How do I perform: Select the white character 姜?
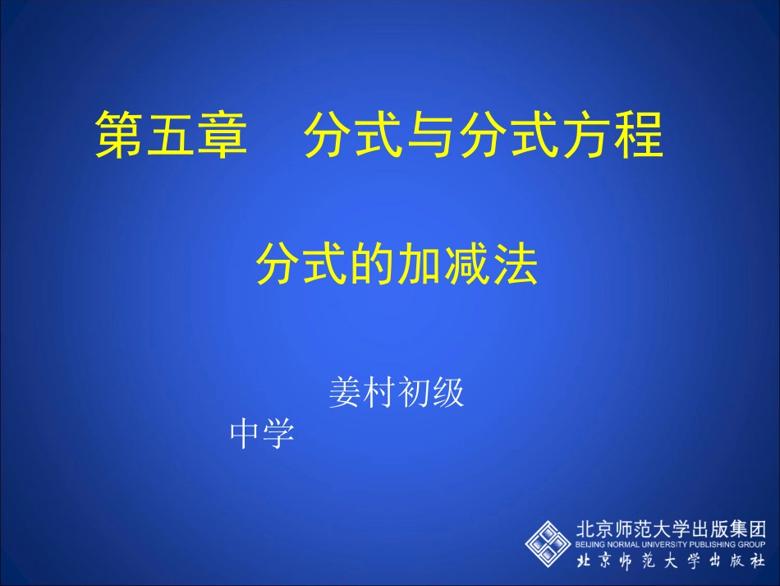pyautogui.click(x=346, y=394)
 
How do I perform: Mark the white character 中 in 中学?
pyautogui.click(x=245, y=433)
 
